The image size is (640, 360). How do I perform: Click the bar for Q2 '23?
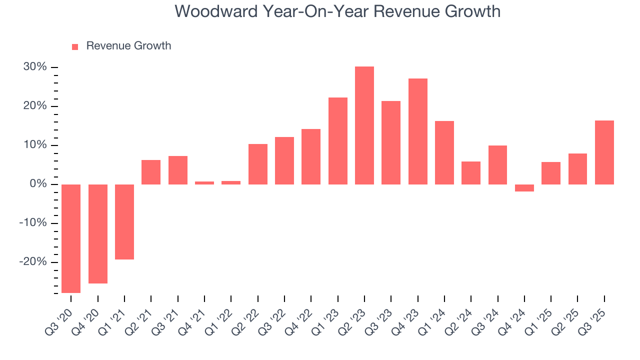[364, 125]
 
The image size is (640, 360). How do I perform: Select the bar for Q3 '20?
[71, 238]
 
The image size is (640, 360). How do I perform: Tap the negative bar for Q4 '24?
[524, 188]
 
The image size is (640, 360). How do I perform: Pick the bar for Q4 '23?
[418, 131]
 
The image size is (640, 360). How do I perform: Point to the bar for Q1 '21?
[124, 222]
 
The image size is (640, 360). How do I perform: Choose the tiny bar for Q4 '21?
[204, 183]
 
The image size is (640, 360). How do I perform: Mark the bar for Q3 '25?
[604, 152]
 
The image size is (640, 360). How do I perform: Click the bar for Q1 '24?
[444, 152]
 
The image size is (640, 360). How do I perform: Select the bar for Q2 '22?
[258, 164]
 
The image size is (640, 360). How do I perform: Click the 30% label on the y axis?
[35, 67]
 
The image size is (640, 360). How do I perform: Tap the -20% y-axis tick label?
[33, 262]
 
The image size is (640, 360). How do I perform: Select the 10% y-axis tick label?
[35, 145]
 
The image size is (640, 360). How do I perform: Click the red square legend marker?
[75, 46]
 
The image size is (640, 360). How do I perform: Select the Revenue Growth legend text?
[128, 46]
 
